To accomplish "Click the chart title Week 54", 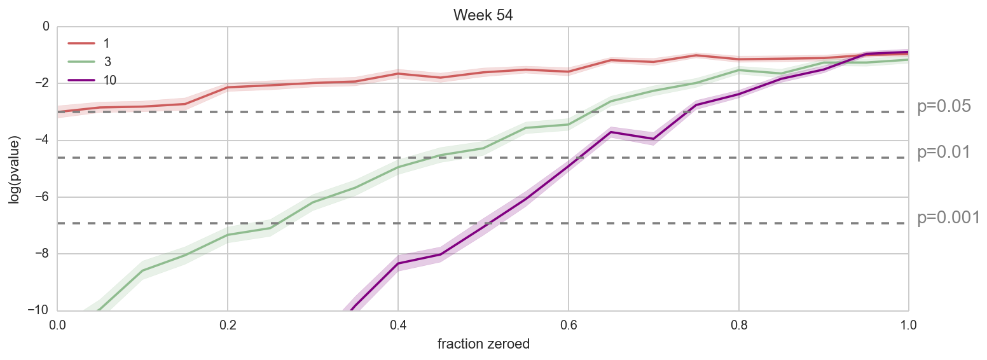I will [x=483, y=15].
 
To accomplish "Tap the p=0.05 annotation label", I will [x=944, y=107].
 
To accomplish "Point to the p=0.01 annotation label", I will [x=944, y=153].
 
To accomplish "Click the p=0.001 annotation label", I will [x=948, y=218].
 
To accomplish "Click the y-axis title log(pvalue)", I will [x=14, y=169].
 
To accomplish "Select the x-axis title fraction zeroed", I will [x=483, y=344].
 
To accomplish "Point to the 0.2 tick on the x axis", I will [x=228, y=324].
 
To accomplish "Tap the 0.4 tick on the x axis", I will [x=398, y=324].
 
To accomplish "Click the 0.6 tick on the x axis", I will [x=569, y=324].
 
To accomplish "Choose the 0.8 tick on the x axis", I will [x=738, y=324].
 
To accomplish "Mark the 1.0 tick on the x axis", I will [x=908, y=324].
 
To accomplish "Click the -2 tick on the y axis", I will [x=44, y=83].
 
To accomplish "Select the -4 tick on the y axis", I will [x=44, y=140].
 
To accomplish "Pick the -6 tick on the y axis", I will [x=44, y=197].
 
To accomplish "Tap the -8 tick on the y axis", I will [x=44, y=254].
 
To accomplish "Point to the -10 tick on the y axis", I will [x=41, y=310].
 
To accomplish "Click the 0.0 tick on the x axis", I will [x=58, y=324].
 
